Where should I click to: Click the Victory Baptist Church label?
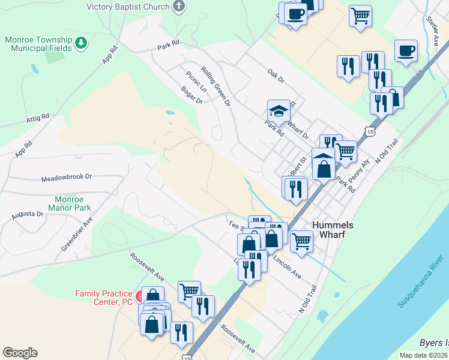click(128, 7)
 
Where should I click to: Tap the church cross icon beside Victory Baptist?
click(178, 7)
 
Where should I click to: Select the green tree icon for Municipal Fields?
click(80, 43)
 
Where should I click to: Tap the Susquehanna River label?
click(420, 281)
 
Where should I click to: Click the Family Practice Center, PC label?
click(103, 298)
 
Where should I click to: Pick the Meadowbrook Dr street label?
click(66, 178)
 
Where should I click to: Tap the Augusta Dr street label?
click(28, 214)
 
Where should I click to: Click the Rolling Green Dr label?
click(216, 86)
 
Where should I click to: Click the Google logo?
click(20, 353)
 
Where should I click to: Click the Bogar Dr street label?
click(192, 95)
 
